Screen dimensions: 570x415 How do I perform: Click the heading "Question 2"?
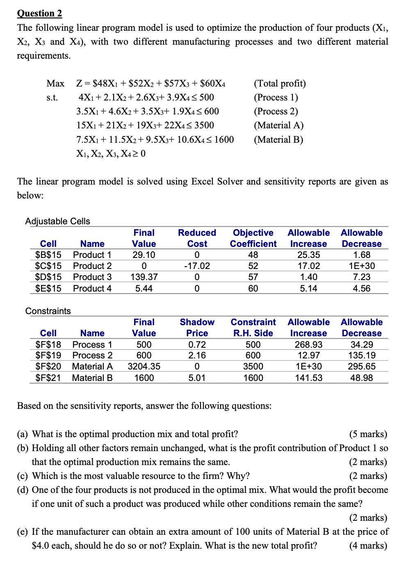[x=39, y=13]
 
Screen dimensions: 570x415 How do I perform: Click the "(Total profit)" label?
[x=280, y=84]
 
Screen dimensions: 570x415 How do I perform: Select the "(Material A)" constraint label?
[x=278, y=125]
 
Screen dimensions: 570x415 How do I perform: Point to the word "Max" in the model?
[x=55, y=84]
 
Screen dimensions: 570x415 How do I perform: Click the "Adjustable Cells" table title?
[x=57, y=221]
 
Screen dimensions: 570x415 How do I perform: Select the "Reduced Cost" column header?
[x=197, y=238]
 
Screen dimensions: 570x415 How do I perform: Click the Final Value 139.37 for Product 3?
[x=144, y=277]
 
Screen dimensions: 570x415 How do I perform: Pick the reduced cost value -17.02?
[x=197, y=266]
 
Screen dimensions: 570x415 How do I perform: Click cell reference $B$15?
[x=48, y=255]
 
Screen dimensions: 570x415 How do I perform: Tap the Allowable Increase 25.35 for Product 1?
[x=308, y=255]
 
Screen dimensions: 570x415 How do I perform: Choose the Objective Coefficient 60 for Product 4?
[x=253, y=289]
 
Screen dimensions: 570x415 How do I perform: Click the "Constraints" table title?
[x=48, y=311]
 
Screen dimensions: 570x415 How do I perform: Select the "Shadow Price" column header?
[x=197, y=328]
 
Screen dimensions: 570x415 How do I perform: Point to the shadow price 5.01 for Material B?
[x=197, y=378]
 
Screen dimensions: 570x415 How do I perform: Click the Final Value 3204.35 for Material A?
[x=144, y=367]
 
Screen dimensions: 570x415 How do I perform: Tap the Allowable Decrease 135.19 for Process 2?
[x=361, y=356]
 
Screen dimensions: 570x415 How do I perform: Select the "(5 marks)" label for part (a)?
[x=368, y=434]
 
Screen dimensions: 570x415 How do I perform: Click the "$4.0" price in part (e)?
[x=41, y=546]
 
